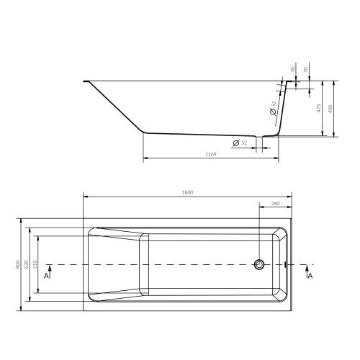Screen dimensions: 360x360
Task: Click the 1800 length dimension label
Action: [x=187, y=192]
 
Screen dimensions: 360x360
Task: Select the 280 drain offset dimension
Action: [x=275, y=204]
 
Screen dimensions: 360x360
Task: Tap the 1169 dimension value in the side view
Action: [x=211, y=154]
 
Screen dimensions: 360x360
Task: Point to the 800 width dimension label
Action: [x=18, y=264]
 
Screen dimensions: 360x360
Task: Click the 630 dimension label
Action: [x=27, y=264]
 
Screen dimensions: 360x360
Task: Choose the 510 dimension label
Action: [x=35, y=264]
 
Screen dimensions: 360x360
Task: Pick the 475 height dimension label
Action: [x=319, y=108]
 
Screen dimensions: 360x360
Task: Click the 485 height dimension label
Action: [x=330, y=109]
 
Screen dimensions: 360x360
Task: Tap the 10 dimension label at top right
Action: [x=292, y=70]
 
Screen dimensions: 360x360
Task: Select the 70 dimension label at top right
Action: [x=305, y=70]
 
